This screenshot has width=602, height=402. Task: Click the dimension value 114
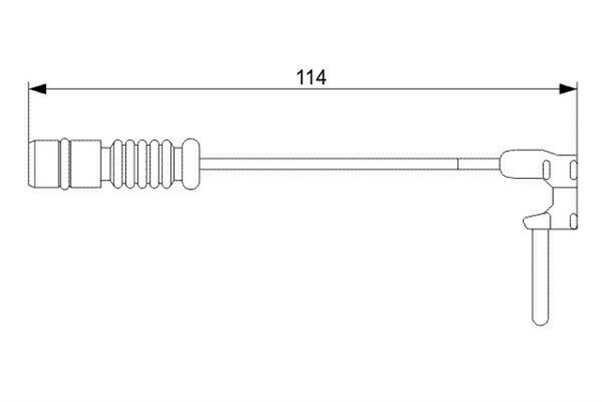(x=311, y=77)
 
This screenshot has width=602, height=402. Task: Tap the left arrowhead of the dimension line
(x=38, y=88)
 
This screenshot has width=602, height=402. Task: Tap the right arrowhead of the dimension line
(x=568, y=88)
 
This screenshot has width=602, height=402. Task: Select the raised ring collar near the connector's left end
(x=65, y=164)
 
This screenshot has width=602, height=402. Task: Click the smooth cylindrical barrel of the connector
(x=86, y=164)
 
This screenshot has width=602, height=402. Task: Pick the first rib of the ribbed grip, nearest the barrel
(x=117, y=164)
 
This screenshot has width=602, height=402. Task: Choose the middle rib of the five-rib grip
(x=142, y=164)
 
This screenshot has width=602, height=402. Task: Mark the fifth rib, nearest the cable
(x=167, y=164)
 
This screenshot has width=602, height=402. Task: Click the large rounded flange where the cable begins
(x=190, y=164)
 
